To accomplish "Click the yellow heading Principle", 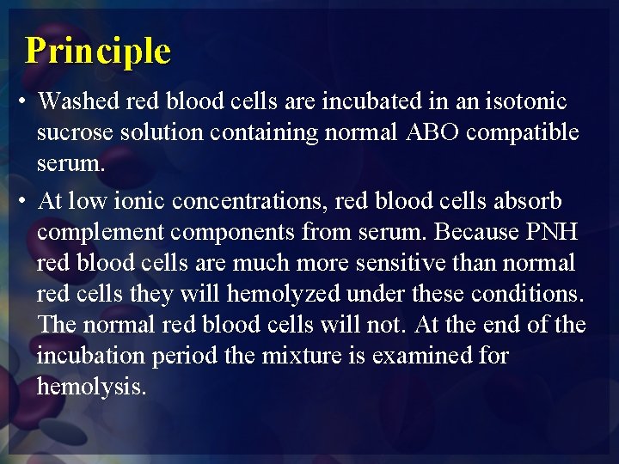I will [98, 51].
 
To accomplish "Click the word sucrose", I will [72, 133].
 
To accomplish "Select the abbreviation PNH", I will [561, 233].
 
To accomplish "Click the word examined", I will [426, 356].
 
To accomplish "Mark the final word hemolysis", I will [91, 387].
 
